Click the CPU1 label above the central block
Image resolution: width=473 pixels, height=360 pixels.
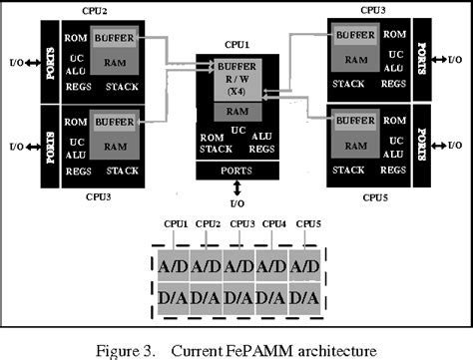point(236,47)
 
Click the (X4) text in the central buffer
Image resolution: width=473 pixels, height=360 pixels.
point(237,92)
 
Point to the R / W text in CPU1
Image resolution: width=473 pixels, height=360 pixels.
point(237,79)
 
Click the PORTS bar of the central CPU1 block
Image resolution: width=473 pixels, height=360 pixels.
point(236,171)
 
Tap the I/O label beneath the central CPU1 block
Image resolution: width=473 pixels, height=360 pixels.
point(236,203)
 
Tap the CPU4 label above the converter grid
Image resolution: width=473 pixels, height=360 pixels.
point(275,223)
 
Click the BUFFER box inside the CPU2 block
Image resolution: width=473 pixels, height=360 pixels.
point(116,38)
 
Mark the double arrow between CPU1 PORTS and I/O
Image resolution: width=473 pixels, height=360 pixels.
point(236,187)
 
